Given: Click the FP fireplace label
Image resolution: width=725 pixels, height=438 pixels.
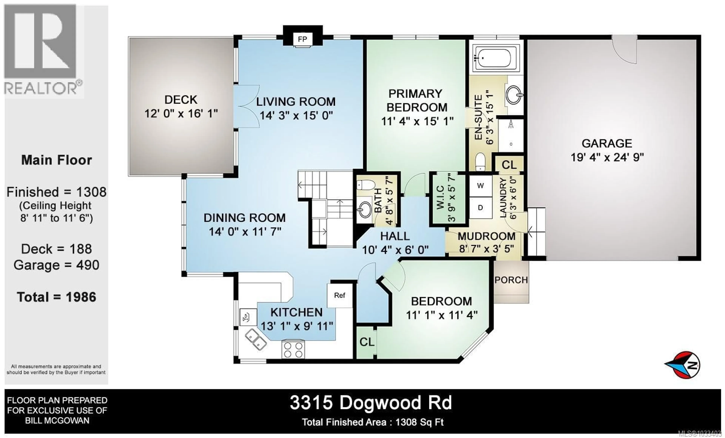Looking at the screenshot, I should click(302, 39).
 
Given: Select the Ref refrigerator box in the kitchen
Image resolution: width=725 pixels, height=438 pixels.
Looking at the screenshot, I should click(339, 295).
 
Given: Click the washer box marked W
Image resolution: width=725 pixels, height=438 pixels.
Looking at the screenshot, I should click(480, 186).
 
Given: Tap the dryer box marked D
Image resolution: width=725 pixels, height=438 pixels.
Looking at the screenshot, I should click(480, 208).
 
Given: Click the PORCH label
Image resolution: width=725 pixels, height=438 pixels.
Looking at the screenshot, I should click(511, 280).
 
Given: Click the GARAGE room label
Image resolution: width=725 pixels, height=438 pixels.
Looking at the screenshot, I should click(607, 143).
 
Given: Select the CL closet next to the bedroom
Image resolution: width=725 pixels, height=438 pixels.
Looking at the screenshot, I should click(367, 342).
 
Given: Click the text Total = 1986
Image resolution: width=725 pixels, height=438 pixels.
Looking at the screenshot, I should click(56, 297).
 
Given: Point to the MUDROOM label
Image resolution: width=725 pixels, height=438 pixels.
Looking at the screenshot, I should click(486, 236).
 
